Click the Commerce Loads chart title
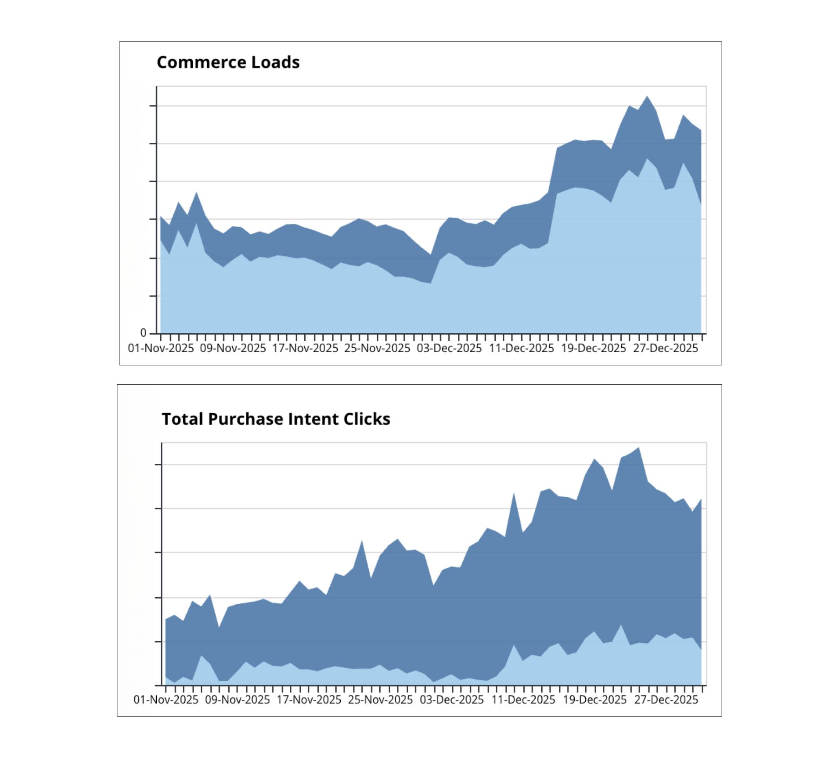point(228,62)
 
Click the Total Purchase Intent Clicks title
point(276,419)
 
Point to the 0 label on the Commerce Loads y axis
point(144,333)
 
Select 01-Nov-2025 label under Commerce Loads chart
point(161,348)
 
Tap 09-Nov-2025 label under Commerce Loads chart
point(233,348)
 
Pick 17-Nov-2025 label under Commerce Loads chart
point(305,348)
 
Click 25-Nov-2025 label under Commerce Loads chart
point(377,348)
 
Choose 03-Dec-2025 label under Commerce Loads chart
point(449,348)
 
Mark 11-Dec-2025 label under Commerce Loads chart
point(522,348)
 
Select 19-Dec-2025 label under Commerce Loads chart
point(594,348)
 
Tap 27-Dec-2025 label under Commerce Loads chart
point(666,348)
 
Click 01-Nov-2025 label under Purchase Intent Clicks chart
point(166,700)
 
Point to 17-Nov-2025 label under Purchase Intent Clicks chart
point(309,700)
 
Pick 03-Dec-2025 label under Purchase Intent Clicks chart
point(452,700)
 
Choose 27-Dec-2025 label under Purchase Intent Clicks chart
point(666,700)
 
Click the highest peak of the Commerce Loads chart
point(647,97)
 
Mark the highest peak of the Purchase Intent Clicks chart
point(639,448)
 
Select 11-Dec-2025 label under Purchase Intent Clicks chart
point(523,700)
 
